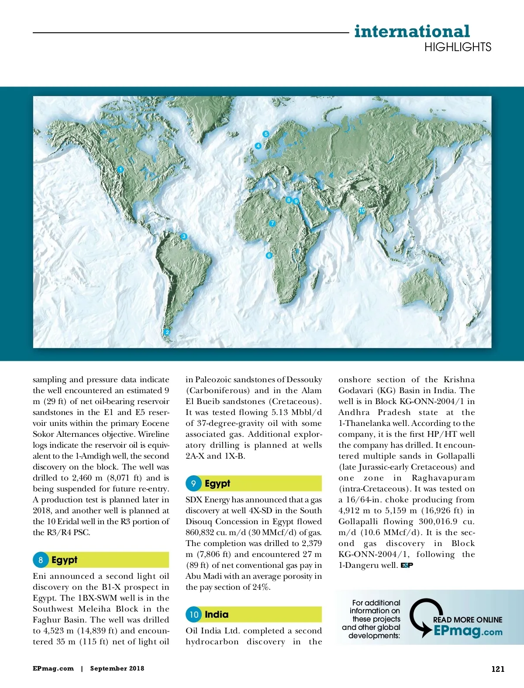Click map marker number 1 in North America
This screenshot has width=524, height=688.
[x=121, y=169]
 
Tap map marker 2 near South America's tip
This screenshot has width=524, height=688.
[x=167, y=332]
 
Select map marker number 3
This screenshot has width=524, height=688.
[x=184, y=236]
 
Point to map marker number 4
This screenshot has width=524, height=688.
[x=258, y=146]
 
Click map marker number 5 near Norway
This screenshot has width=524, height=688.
[x=265, y=134]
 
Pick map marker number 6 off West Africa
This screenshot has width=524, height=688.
[x=269, y=256]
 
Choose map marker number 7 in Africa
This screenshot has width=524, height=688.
[x=272, y=223]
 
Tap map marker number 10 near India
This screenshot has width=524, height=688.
[x=362, y=211]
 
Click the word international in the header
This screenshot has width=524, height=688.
[x=412, y=31]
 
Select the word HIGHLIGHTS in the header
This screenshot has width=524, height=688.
[x=458, y=47]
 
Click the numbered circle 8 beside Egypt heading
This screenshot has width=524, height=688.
[x=41, y=560]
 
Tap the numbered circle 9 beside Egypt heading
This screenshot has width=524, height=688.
[x=193, y=484]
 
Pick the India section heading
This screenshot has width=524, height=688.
[x=217, y=615]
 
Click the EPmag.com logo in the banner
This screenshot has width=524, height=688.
[x=468, y=631]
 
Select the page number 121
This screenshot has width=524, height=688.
[x=498, y=669]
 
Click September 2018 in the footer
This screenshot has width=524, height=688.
[x=117, y=669]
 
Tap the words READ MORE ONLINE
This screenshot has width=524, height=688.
[x=467, y=620]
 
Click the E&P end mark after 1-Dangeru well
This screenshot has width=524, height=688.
[x=407, y=565]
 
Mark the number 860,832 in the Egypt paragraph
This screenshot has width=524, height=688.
[x=200, y=532]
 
